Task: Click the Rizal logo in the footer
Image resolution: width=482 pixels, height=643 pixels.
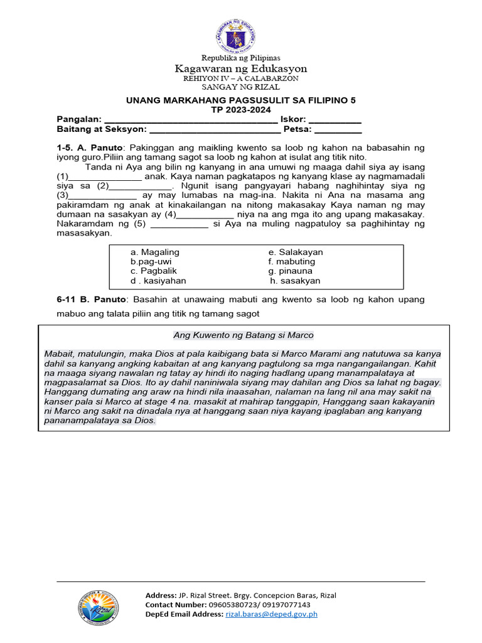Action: (x=97, y=610)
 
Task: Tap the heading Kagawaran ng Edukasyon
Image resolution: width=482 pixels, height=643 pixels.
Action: (x=240, y=68)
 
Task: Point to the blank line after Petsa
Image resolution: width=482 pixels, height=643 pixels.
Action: (x=338, y=131)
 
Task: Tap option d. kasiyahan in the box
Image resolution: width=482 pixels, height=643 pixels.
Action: (x=158, y=281)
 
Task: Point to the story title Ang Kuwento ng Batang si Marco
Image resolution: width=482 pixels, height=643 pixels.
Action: (x=243, y=335)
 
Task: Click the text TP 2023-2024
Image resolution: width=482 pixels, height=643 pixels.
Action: (x=240, y=109)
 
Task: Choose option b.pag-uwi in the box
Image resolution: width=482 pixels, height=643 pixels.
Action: (x=151, y=261)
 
